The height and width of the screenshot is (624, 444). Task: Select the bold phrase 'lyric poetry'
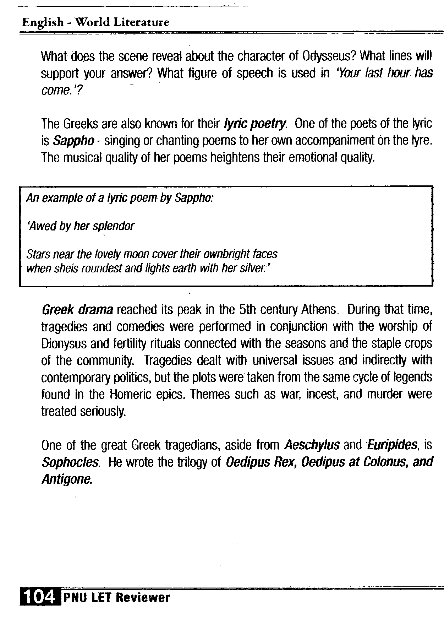click(254, 124)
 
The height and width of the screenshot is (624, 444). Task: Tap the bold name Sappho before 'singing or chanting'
click(73, 141)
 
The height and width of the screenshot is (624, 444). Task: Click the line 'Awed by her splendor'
click(81, 226)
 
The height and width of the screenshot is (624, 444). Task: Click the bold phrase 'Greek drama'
click(77, 310)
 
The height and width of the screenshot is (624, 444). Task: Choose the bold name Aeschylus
click(312, 445)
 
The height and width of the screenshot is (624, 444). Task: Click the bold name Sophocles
click(70, 462)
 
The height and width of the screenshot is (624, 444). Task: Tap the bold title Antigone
click(67, 479)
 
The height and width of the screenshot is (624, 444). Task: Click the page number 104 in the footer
click(39, 598)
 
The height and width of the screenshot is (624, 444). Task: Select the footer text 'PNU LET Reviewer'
click(116, 598)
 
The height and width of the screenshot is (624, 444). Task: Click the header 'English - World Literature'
click(95, 23)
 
